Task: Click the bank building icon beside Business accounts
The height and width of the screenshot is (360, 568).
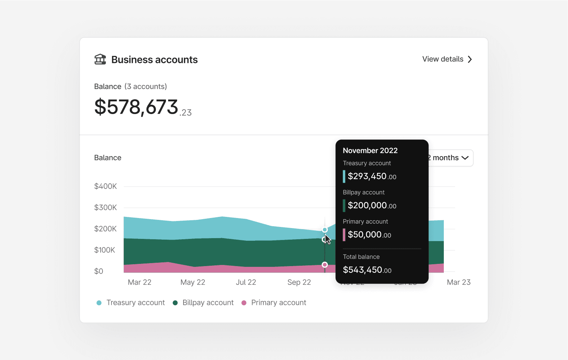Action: [x=100, y=59]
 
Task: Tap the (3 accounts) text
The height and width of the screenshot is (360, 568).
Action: [x=145, y=86]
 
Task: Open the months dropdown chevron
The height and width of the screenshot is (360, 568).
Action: [x=465, y=158]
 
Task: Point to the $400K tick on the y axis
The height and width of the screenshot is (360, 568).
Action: [x=106, y=186]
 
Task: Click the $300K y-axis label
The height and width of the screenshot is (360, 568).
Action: [x=106, y=208]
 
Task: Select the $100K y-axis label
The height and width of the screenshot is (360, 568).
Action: [x=105, y=250]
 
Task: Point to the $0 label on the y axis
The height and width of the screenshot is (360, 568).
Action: [x=99, y=271]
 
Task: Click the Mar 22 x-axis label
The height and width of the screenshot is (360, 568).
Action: [x=139, y=282]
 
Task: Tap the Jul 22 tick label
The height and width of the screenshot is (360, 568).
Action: [x=246, y=282]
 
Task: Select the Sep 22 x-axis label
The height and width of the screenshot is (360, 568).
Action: [x=299, y=282]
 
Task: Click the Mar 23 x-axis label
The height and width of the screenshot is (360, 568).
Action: [x=458, y=282]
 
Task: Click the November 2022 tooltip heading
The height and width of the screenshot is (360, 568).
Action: [x=370, y=151]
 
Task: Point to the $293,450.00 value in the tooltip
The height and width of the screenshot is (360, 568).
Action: [x=372, y=176]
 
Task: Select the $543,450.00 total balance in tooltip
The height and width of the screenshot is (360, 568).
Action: [x=367, y=270]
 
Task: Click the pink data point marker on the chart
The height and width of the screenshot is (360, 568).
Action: [x=325, y=265]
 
